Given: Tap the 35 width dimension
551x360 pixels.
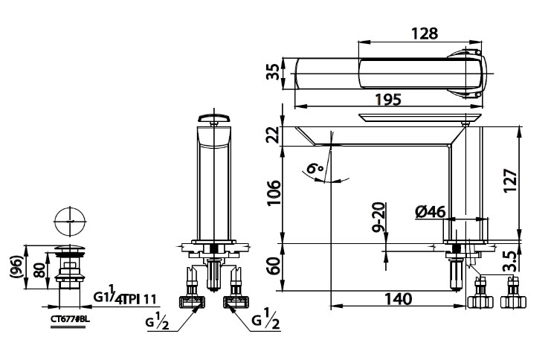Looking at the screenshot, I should [x=273, y=72].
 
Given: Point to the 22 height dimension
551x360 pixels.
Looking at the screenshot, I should [x=273, y=135].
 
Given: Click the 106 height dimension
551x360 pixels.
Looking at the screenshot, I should [x=273, y=194].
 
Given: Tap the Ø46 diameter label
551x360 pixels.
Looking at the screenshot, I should [x=431, y=212].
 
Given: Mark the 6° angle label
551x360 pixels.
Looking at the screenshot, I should [x=315, y=170].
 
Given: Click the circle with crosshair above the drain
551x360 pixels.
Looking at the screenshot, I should [x=71, y=222].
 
